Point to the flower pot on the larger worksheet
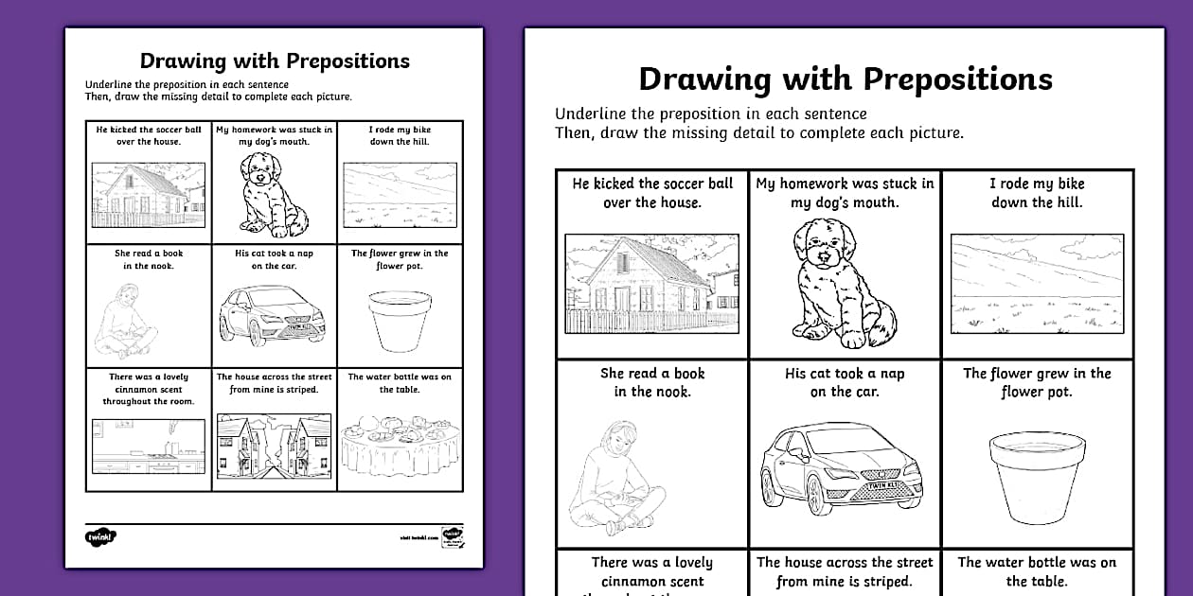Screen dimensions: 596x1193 tap(1036, 476)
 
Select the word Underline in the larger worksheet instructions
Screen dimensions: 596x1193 tap(592, 114)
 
